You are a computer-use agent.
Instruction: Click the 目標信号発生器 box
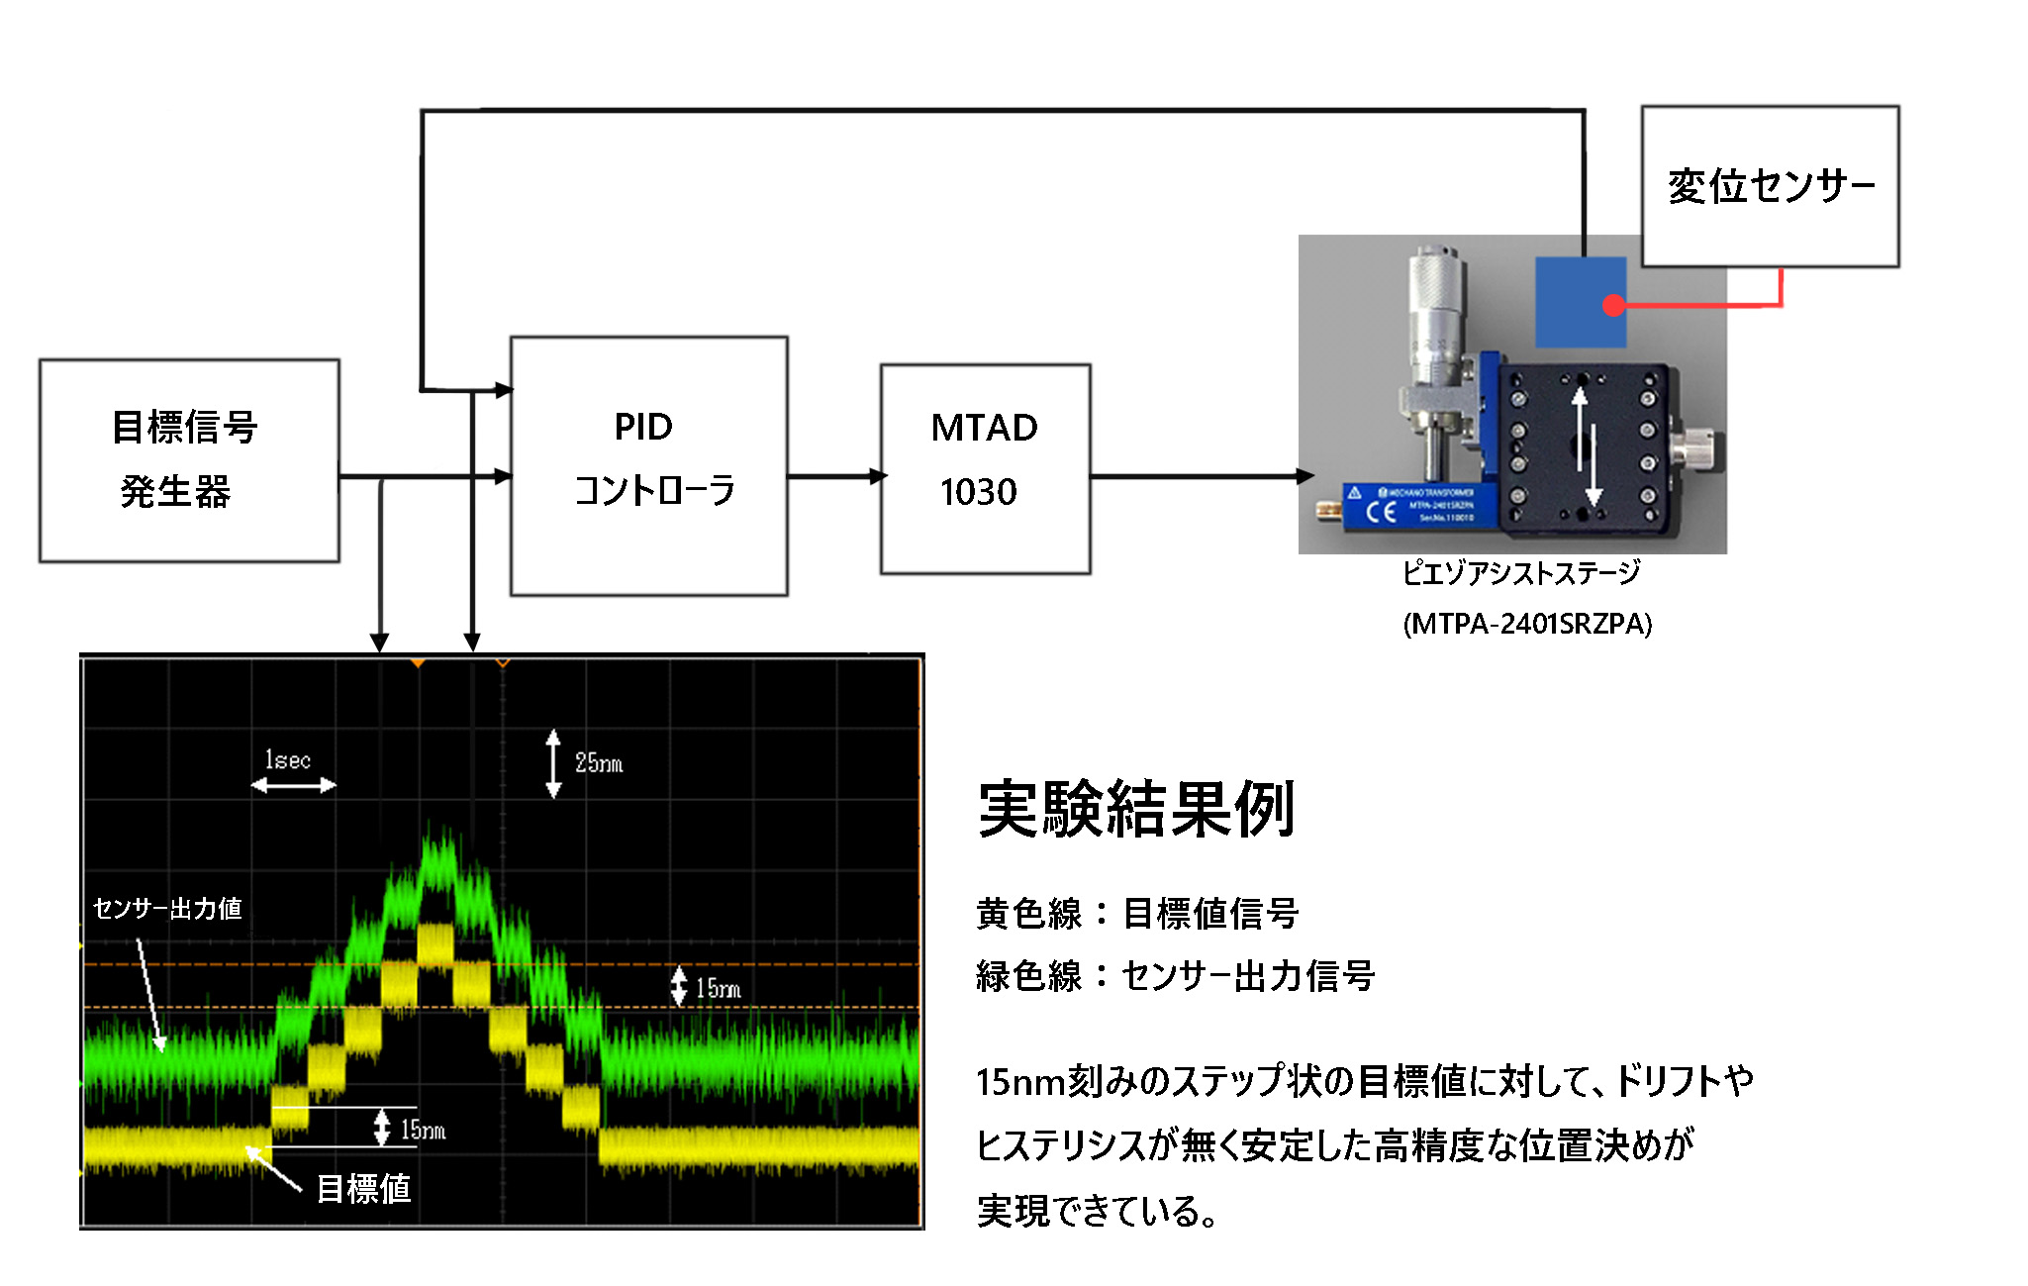pos(189,460)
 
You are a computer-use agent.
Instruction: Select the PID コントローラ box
pos(648,465)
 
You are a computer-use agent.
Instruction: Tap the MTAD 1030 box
pos(985,468)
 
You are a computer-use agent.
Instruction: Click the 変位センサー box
pos(1770,186)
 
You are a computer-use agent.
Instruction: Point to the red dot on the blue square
pos(1613,305)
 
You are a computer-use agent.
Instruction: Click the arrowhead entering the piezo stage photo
pos(1306,476)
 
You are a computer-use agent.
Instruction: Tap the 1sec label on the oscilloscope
pos(288,760)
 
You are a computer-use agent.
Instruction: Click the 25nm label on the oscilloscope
pos(599,763)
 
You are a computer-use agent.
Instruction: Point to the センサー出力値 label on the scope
pos(167,908)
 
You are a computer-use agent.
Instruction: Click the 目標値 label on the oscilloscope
pos(363,1188)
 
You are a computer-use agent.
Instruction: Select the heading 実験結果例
pos(1136,809)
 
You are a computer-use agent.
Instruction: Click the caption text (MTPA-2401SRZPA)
pos(1527,624)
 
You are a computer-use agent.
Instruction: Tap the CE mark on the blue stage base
pos(1381,512)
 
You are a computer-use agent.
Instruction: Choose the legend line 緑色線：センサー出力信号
pos(1175,976)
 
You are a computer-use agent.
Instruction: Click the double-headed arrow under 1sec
pos(293,786)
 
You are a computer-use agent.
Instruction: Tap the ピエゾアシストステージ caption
pos(1521,572)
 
